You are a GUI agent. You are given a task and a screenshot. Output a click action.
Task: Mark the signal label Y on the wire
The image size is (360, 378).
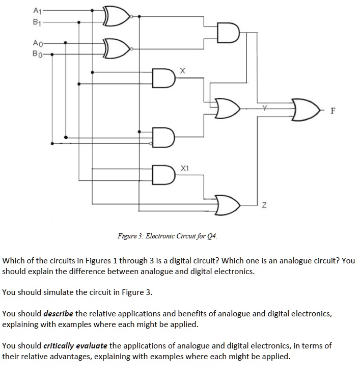click(264, 107)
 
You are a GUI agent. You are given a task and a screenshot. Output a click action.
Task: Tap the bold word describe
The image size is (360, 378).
click(59, 313)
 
